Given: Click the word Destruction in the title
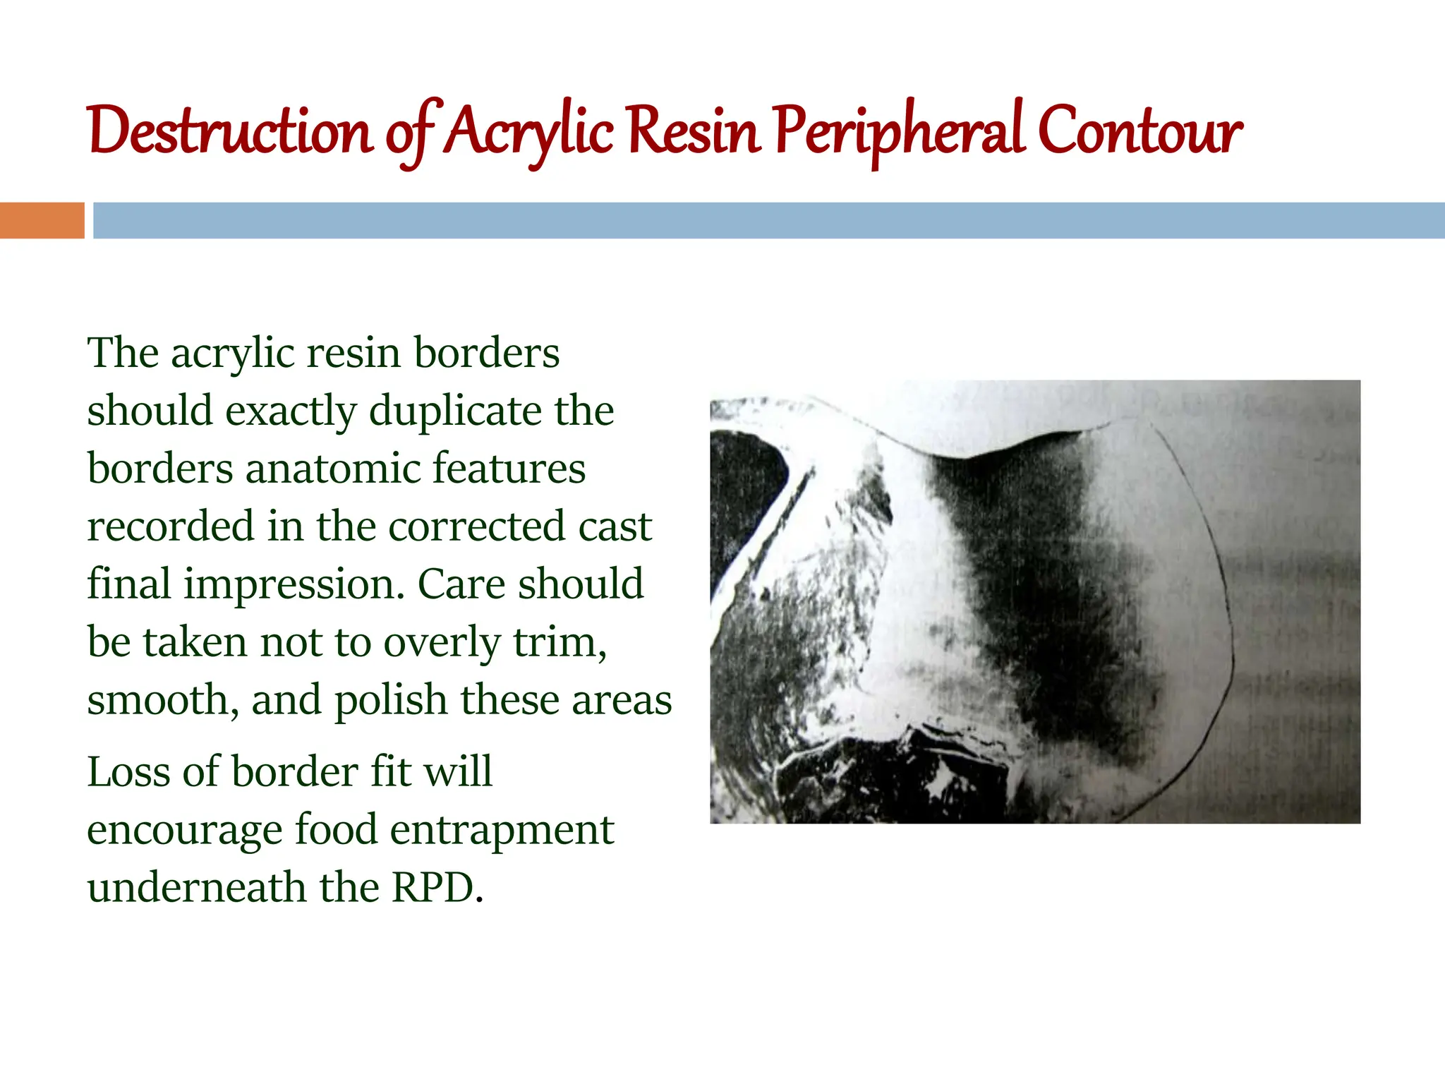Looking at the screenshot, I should click(x=230, y=131).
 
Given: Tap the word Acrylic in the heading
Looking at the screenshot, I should click(x=531, y=131).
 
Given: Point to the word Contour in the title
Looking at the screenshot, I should click(x=1139, y=131).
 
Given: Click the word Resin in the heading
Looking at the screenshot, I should click(x=694, y=131).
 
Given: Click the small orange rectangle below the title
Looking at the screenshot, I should click(x=42, y=220).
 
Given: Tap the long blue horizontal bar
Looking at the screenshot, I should click(x=768, y=220).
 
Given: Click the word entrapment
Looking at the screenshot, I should click(x=502, y=829).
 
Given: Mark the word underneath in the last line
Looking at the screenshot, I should click(x=197, y=887).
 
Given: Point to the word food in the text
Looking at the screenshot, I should click(x=336, y=829).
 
